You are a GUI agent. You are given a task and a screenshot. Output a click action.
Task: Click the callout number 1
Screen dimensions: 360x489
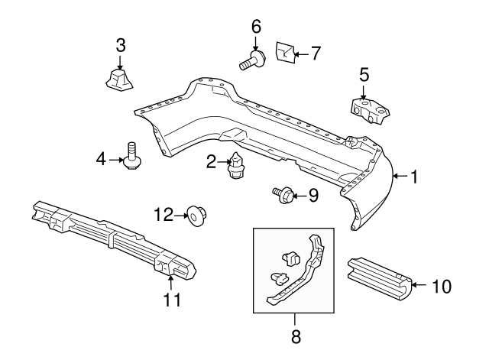pyautogui.click(x=413, y=177)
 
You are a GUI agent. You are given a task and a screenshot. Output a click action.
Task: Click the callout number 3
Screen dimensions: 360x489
pyautogui.click(x=120, y=45)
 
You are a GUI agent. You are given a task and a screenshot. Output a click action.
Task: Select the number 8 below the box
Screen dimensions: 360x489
pyautogui.click(x=296, y=336)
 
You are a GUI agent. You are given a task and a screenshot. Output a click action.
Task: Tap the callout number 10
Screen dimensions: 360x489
pyautogui.click(x=442, y=287)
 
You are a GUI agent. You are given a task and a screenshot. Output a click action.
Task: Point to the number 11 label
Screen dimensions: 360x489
pyautogui.click(x=173, y=300)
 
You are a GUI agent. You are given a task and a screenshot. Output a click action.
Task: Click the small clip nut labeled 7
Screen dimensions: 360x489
pyautogui.click(x=283, y=52)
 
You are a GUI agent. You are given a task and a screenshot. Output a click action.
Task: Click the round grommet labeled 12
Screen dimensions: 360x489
pyautogui.click(x=195, y=217)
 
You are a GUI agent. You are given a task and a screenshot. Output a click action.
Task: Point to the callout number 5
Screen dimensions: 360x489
pyautogui.click(x=364, y=74)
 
